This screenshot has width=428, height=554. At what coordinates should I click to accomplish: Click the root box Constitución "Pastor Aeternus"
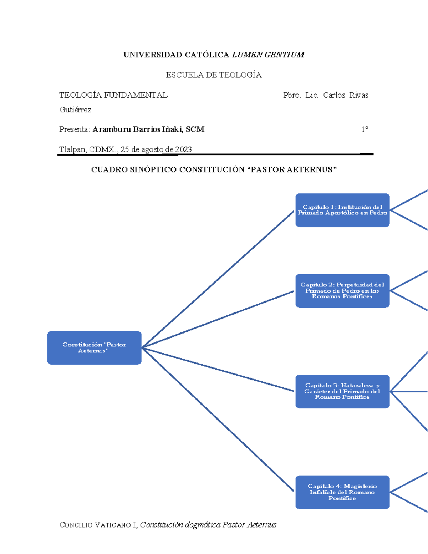tap(94, 347)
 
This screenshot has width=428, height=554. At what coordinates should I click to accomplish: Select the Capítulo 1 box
tap(342, 210)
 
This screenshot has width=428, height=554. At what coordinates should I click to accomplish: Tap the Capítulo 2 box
tap(342, 290)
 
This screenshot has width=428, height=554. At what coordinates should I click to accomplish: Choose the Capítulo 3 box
tap(342, 391)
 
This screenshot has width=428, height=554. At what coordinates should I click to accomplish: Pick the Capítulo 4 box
tap(342, 492)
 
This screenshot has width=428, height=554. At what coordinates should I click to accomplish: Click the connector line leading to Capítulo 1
tap(218, 279)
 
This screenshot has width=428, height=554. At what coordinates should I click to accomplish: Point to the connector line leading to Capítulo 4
tap(218, 419)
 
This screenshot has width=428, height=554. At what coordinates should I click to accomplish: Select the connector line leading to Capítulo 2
tap(218, 319)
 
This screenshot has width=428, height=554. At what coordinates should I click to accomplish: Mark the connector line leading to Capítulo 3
tap(218, 370)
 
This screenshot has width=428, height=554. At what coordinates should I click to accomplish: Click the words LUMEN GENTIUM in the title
tap(268, 55)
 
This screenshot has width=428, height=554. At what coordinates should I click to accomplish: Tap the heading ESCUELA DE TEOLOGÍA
tap(214, 75)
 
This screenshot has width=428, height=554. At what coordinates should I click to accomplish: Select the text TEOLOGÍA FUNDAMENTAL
tap(113, 95)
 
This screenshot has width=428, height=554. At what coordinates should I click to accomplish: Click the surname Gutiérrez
tap(75, 110)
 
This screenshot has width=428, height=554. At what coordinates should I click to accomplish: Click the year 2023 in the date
tap(183, 149)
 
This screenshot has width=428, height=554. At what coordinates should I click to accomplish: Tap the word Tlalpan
tap(72, 149)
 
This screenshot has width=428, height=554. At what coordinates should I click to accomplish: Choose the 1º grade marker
tap(365, 129)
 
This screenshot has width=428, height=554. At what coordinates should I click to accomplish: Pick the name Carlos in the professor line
tap(334, 95)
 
